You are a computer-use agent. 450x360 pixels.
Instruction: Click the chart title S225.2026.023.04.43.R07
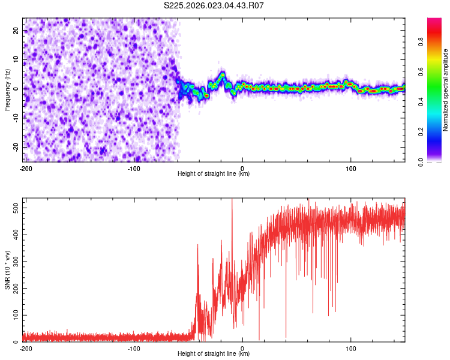214,5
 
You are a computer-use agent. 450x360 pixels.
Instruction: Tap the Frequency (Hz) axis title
8,89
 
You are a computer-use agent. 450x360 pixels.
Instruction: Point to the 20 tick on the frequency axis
16,30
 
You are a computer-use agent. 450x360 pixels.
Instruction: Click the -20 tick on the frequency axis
14,147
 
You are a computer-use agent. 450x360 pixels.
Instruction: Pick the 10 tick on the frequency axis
16,59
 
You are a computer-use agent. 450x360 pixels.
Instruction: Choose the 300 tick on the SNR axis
14,262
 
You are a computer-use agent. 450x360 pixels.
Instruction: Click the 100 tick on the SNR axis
14,315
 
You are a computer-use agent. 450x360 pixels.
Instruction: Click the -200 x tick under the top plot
25,168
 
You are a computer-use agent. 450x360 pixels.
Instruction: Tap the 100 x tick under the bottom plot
351,348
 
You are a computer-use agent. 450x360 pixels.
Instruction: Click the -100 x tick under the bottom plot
134,348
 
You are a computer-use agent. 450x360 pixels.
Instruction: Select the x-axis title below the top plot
214,174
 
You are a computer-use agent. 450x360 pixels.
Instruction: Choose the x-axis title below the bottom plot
214,354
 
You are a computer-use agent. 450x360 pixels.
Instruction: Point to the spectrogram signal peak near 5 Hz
222,74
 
